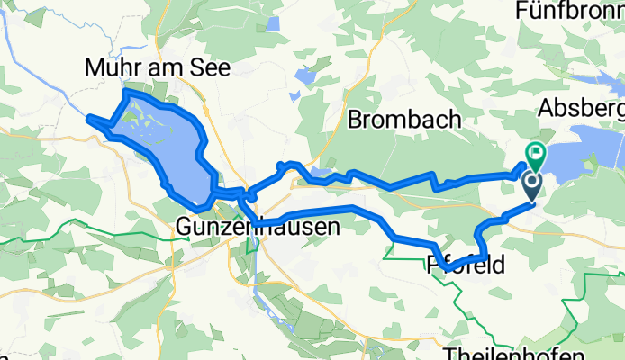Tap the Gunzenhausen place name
tap(259, 228)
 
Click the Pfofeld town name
tap(464, 265)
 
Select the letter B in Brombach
tap(354, 119)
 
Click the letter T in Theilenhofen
tap(453, 350)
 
